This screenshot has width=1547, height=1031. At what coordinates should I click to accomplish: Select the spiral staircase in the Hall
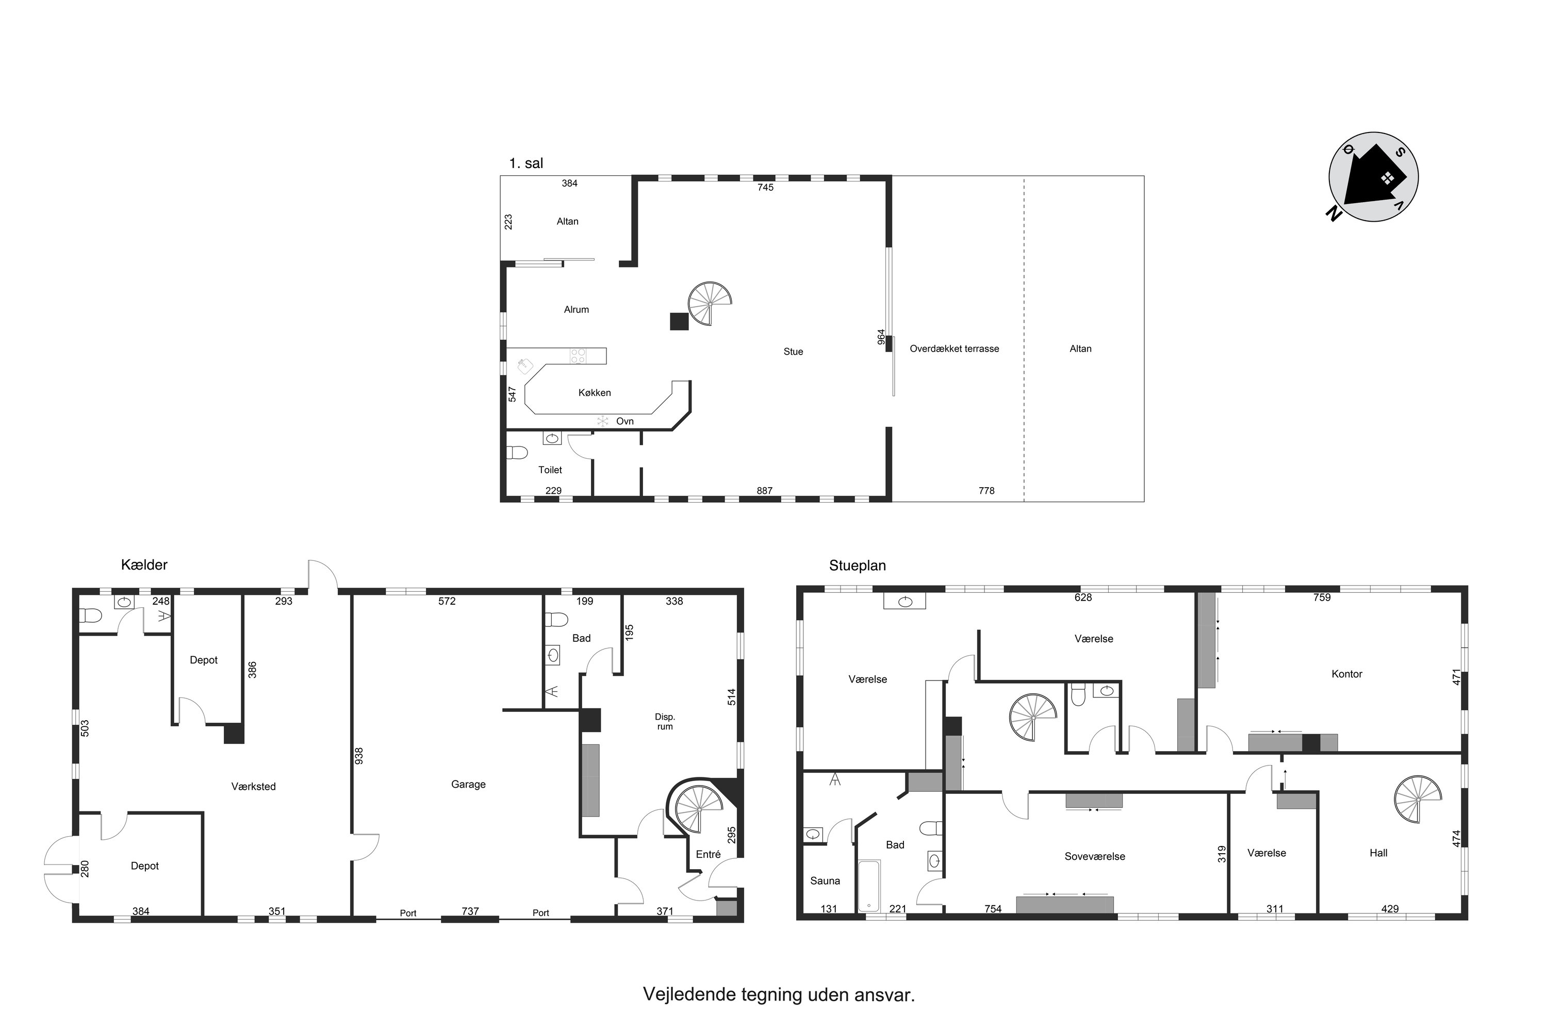tap(1418, 800)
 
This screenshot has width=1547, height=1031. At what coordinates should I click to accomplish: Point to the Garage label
tap(468, 785)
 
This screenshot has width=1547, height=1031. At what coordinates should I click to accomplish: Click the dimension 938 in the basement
tap(359, 756)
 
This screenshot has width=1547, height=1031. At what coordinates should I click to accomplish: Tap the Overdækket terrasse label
tap(954, 348)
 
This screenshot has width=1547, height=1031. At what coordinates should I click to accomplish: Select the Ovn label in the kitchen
tap(625, 422)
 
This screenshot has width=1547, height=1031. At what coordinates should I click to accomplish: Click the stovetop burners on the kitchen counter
tap(578, 356)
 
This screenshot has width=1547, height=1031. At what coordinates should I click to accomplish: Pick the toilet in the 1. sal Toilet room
tap(518, 453)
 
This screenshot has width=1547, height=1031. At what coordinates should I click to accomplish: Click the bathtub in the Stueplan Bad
tap(869, 886)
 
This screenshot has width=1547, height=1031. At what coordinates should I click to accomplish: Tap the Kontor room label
tap(1346, 674)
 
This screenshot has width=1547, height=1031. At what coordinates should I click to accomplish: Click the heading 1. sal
tap(526, 163)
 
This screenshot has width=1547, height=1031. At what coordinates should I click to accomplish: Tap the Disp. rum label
tap(665, 721)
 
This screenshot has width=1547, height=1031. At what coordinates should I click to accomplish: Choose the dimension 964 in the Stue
tap(881, 337)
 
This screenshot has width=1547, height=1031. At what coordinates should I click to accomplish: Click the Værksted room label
tap(253, 787)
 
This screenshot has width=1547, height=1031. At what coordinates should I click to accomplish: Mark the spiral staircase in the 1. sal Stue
tap(710, 304)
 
